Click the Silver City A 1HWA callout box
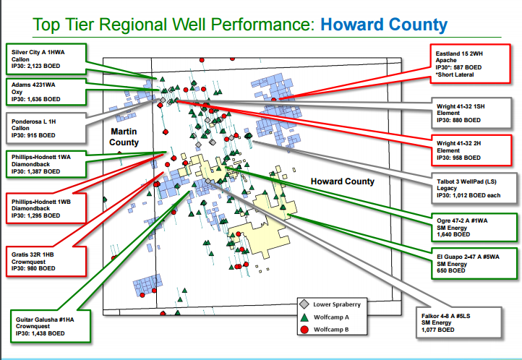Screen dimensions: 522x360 (x=46, y=59)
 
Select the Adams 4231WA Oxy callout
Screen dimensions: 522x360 (x=46, y=92)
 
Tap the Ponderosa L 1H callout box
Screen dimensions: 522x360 (x=46, y=129)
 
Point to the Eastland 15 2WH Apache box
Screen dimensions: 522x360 (x=470, y=64)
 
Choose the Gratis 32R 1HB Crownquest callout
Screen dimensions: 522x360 (x=46, y=262)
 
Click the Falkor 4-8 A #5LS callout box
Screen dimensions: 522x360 (x=459, y=322)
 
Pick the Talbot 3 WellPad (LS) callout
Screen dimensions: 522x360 (x=474, y=189)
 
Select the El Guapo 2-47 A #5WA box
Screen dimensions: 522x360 (x=474, y=264)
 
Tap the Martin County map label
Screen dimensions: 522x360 (x=124, y=137)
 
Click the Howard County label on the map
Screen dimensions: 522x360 (x=343, y=181)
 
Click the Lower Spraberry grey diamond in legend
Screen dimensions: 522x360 (x=304, y=304)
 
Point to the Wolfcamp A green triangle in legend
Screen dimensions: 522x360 (x=304, y=317)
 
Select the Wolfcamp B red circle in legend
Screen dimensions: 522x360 (x=304, y=330)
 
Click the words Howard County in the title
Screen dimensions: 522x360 (x=384, y=25)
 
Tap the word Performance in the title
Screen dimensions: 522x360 (x=262, y=25)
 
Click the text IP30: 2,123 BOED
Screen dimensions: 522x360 (x=35, y=66)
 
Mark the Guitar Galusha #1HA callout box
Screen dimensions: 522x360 (x=51, y=326)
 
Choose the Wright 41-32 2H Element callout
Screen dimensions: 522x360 (x=471, y=150)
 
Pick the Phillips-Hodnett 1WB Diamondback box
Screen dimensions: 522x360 (x=46, y=208)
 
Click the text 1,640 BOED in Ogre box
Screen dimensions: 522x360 (x=453, y=234)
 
